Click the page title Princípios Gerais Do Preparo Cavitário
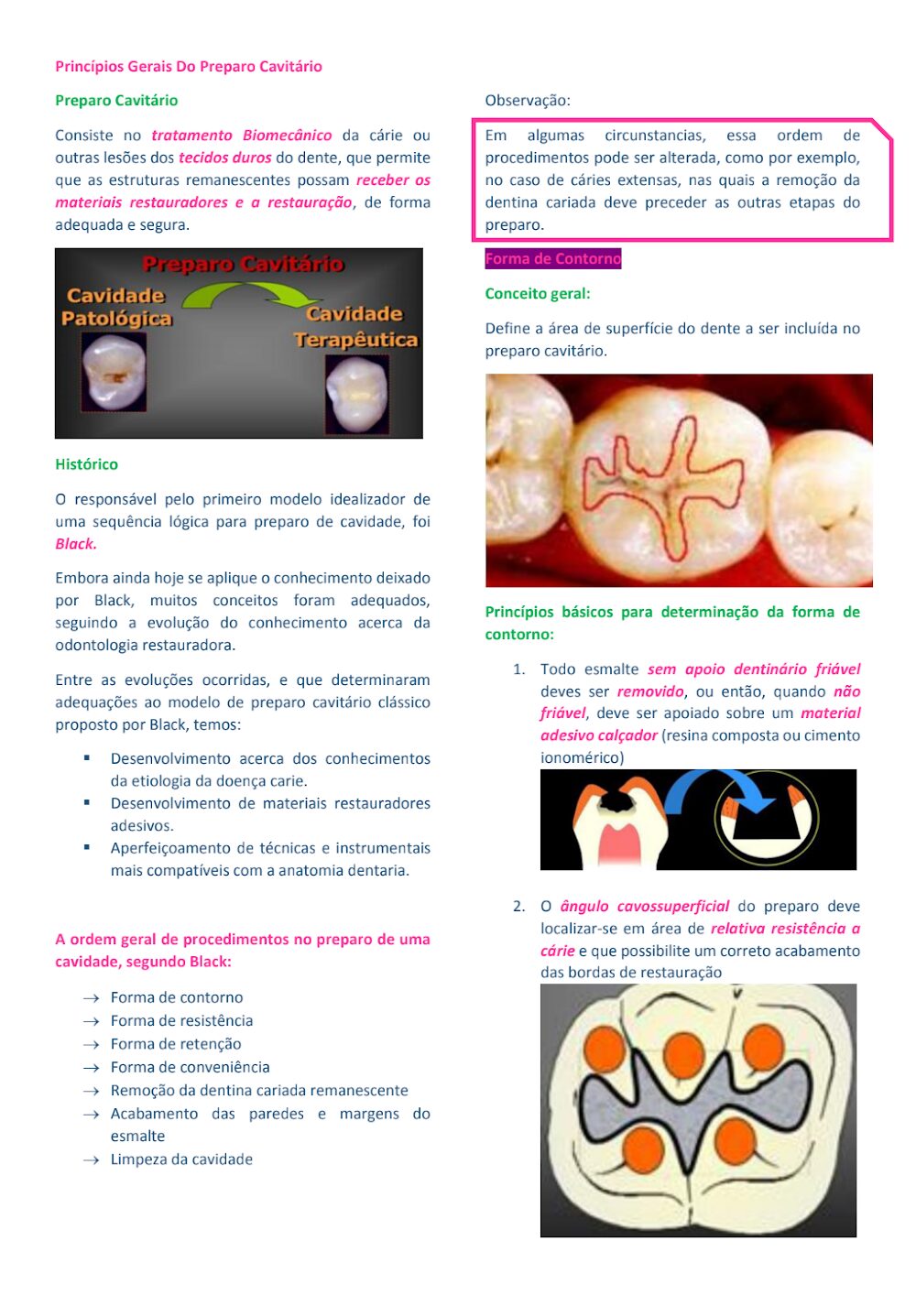click(x=189, y=66)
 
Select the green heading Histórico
click(x=86, y=464)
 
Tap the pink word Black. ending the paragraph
click(x=76, y=544)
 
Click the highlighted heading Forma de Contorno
click(x=553, y=259)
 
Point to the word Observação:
click(x=528, y=101)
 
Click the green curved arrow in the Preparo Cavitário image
click(x=249, y=294)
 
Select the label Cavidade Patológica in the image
click(x=116, y=307)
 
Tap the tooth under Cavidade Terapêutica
click(x=357, y=394)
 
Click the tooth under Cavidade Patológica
click(x=114, y=371)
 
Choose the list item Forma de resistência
click(x=181, y=1020)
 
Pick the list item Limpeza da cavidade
click(x=181, y=1159)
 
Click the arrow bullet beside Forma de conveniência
click(x=91, y=1068)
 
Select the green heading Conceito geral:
click(x=538, y=294)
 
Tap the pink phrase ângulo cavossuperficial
click(x=645, y=907)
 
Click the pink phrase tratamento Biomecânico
click(x=242, y=136)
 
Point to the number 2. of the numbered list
click(x=518, y=907)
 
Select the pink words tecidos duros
click(x=224, y=158)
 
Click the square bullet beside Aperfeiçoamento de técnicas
click(x=87, y=848)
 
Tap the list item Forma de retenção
click(x=176, y=1044)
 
